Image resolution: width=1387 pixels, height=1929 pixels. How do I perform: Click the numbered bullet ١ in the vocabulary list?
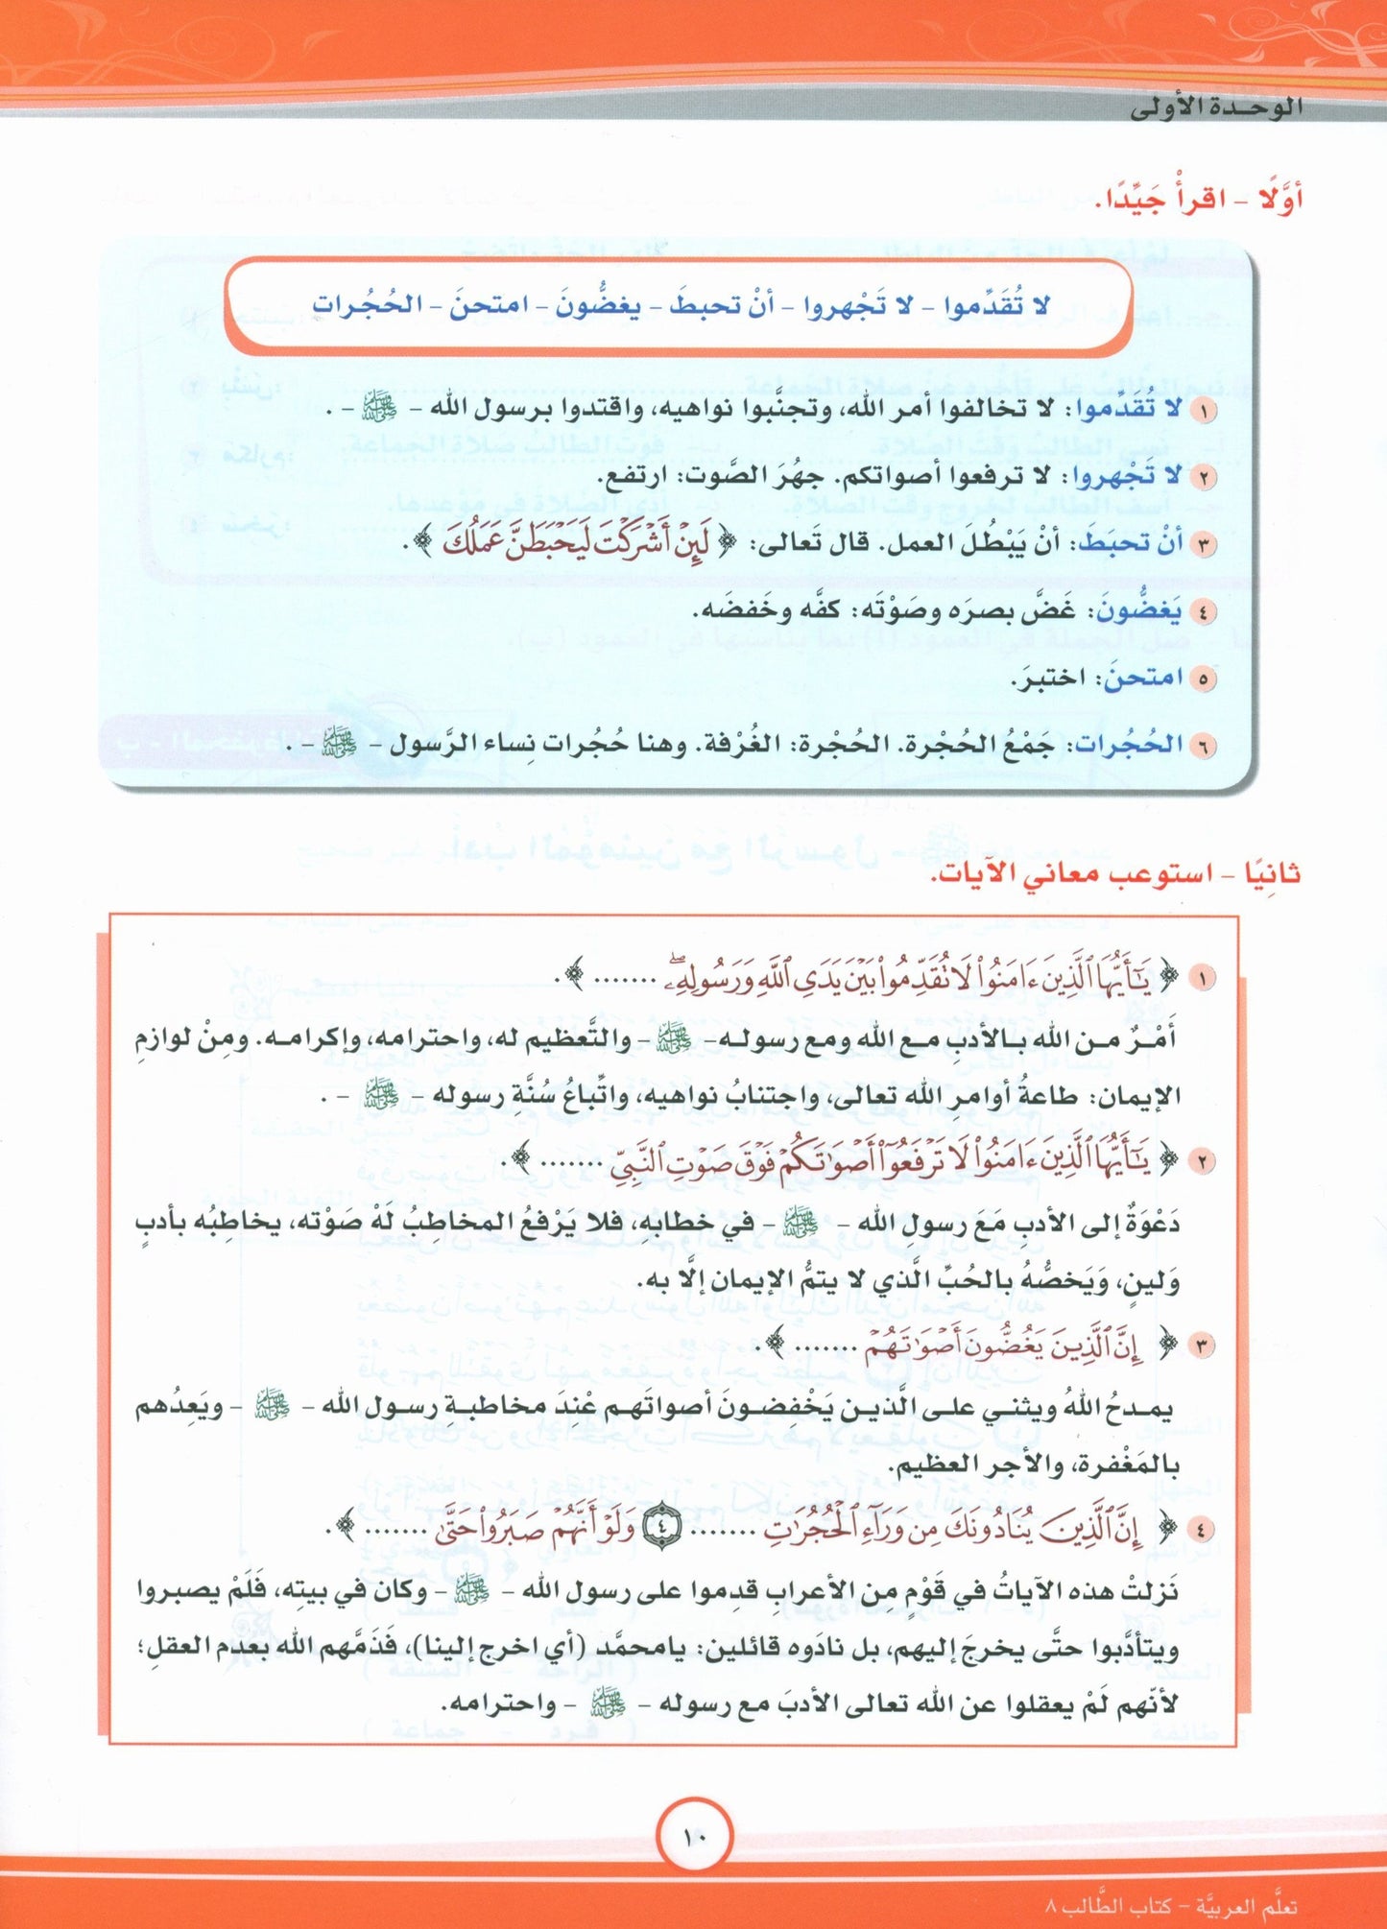pos(1202,411)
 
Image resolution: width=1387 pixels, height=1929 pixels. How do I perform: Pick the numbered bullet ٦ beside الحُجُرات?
pos(1202,746)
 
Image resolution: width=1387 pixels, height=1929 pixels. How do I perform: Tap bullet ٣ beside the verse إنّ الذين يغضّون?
pos(1201,1346)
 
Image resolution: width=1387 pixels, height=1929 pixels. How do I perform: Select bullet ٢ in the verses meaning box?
pos(1201,1162)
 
